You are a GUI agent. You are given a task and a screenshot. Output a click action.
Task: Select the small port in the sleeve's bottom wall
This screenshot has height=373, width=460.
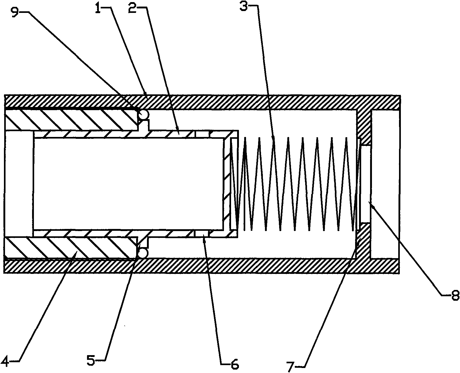click(202, 233)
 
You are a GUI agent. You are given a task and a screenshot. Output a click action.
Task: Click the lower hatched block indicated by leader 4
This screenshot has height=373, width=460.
click(71, 247)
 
